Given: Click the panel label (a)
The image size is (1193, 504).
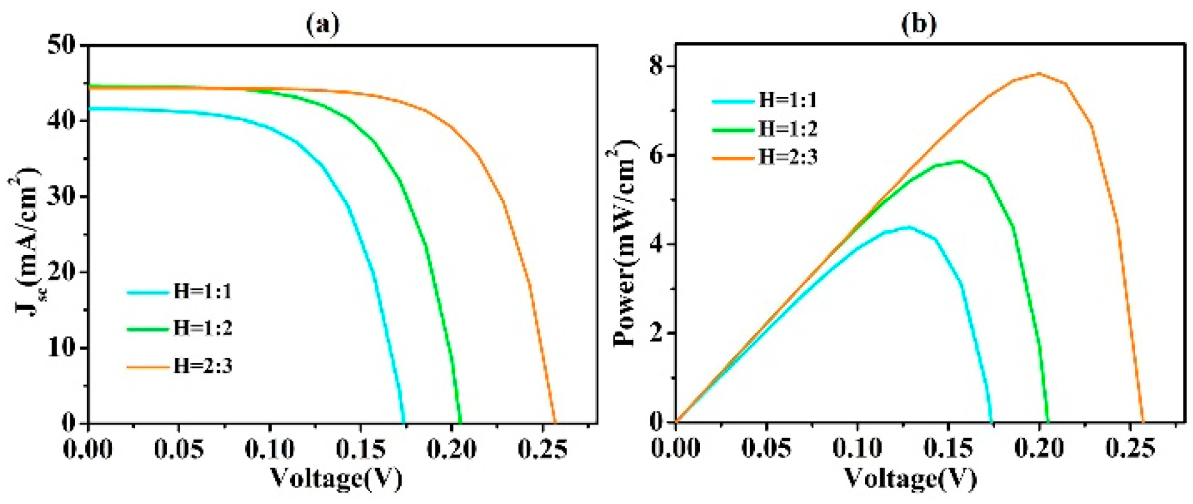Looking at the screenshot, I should pos(322,24).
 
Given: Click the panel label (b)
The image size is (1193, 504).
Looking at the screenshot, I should pos(918,24).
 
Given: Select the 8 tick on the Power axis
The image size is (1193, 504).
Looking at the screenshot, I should pos(657,66).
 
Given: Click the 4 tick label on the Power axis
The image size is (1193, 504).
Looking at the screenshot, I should pos(657,244).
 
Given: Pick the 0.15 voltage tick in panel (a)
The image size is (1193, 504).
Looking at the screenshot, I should pos(360,449).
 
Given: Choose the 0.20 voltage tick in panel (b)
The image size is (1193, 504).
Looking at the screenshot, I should pos(1039,449).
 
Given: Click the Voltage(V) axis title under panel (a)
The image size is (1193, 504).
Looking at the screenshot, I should pos(336,478).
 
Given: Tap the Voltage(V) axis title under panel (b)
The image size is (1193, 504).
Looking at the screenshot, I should pos(910,478).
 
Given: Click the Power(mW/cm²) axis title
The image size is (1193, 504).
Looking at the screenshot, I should pos(625,244).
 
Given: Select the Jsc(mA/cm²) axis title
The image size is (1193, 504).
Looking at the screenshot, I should pos(26,244).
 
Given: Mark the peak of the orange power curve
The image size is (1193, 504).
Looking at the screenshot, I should pos(1039,74).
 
